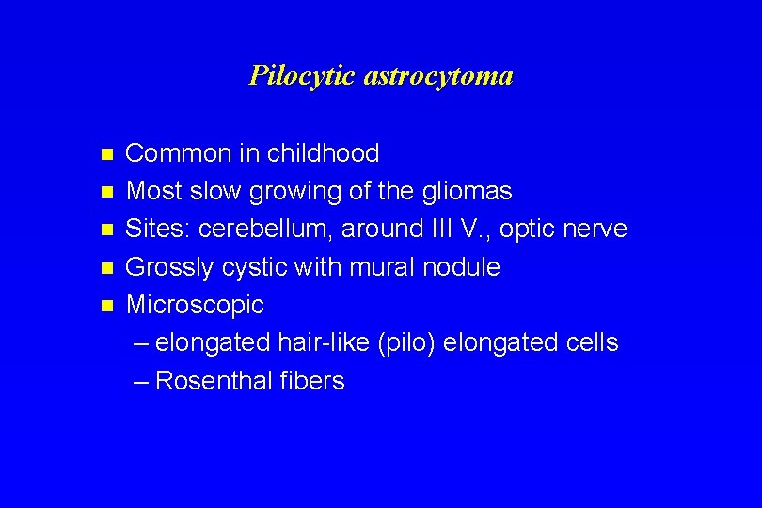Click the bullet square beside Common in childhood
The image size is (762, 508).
(x=107, y=153)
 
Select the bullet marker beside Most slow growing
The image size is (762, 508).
(x=107, y=191)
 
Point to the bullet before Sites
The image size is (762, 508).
(x=107, y=230)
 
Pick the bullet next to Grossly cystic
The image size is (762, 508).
(x=107, y=267)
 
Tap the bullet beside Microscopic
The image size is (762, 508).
(x=107, y=305)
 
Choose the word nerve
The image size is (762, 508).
(x=599, y=230)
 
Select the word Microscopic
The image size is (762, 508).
(x=195, y=306)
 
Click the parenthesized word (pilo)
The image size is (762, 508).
(x=405, y=343)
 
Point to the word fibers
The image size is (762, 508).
(x=312, y=381)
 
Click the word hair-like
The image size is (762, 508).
(x=323, y=342)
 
